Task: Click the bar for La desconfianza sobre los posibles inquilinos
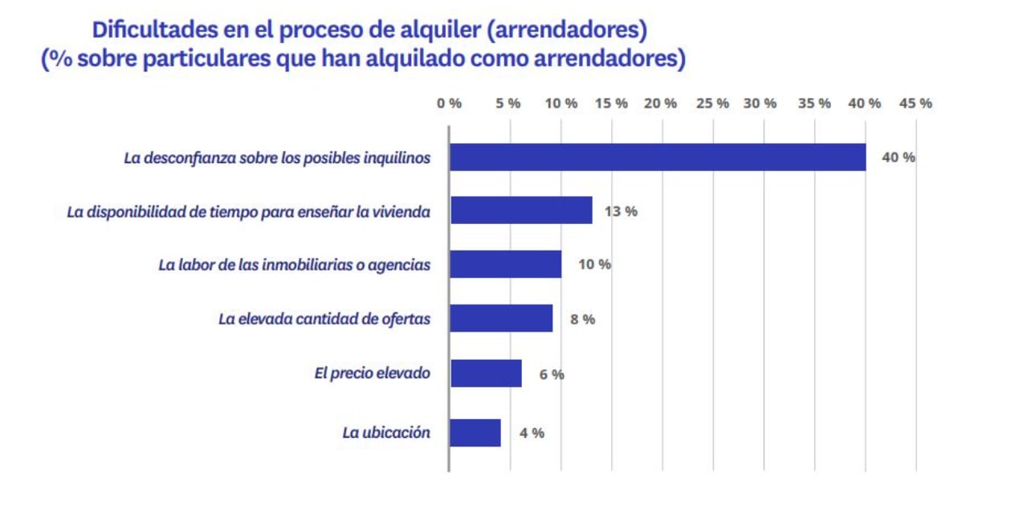[x=657, y=157]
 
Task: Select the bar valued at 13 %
[x=521, y=210]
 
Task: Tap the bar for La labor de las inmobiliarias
[x=505, y=264]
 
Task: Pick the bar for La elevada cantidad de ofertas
[x=501, y=319]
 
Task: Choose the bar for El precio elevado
[x=486, y=373]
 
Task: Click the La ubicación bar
[x=475, y=433]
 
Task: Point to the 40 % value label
[x=898, y=157]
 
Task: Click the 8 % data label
[x=582, y=319]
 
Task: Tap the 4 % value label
[x=532, y=433]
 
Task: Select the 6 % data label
[x=552, y=374]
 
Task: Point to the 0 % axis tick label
[x=449, y=104]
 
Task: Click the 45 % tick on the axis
[x=915, y=104]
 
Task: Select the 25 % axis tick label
[x=712, y=104]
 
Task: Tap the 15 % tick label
[x=612, y=104]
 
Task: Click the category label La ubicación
[x=386, y=433]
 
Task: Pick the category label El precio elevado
[x=372, y=373]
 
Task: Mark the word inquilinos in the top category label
[x=395, y=157]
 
